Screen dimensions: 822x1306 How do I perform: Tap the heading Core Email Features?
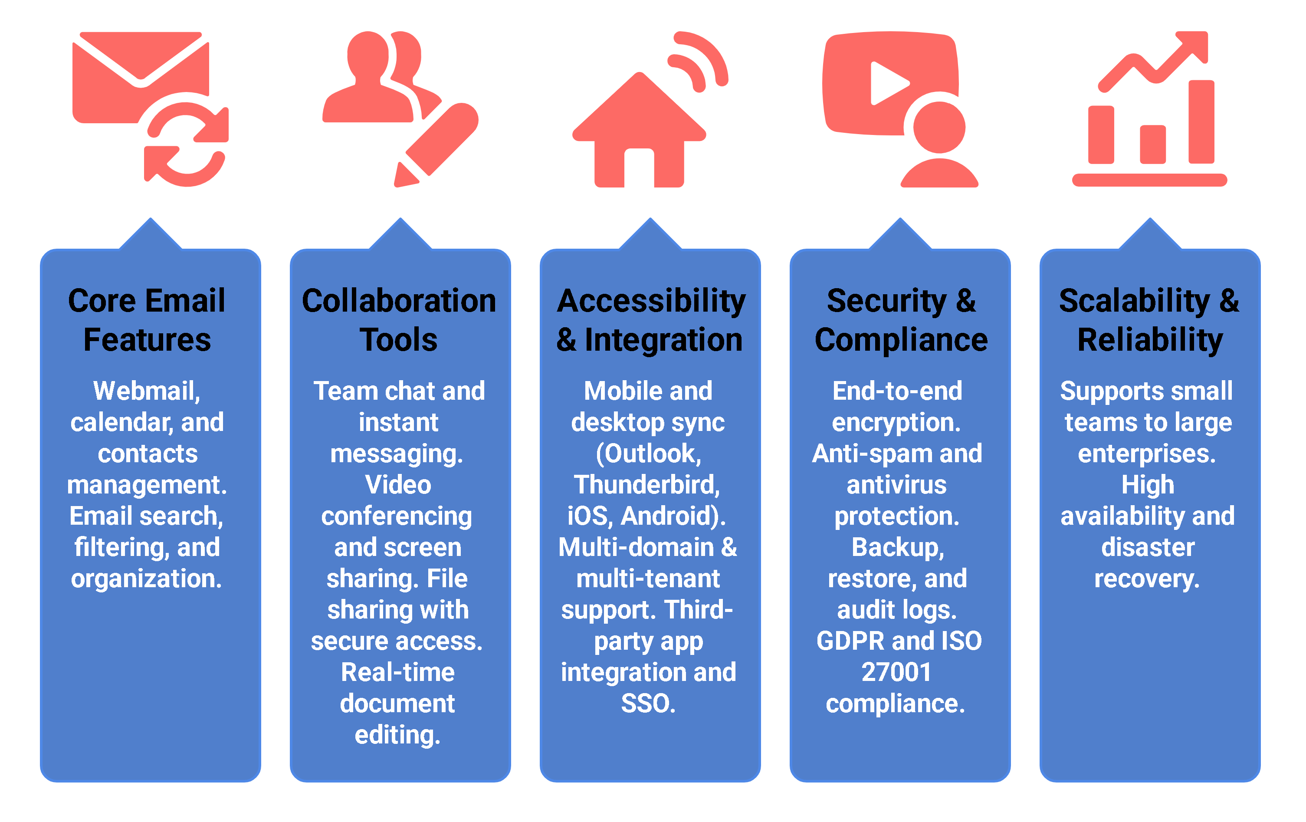147,320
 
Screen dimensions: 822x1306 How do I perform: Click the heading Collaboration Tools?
399,320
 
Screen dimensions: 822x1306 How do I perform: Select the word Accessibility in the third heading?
651,301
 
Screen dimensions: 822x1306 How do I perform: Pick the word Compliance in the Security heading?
901,340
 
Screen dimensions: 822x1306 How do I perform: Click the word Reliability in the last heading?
1150,340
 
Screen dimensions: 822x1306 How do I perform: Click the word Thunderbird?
647,484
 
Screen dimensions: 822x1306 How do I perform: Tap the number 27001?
896,672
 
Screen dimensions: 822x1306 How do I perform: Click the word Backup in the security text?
897,547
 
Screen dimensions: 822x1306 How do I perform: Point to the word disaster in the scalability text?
1148,547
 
